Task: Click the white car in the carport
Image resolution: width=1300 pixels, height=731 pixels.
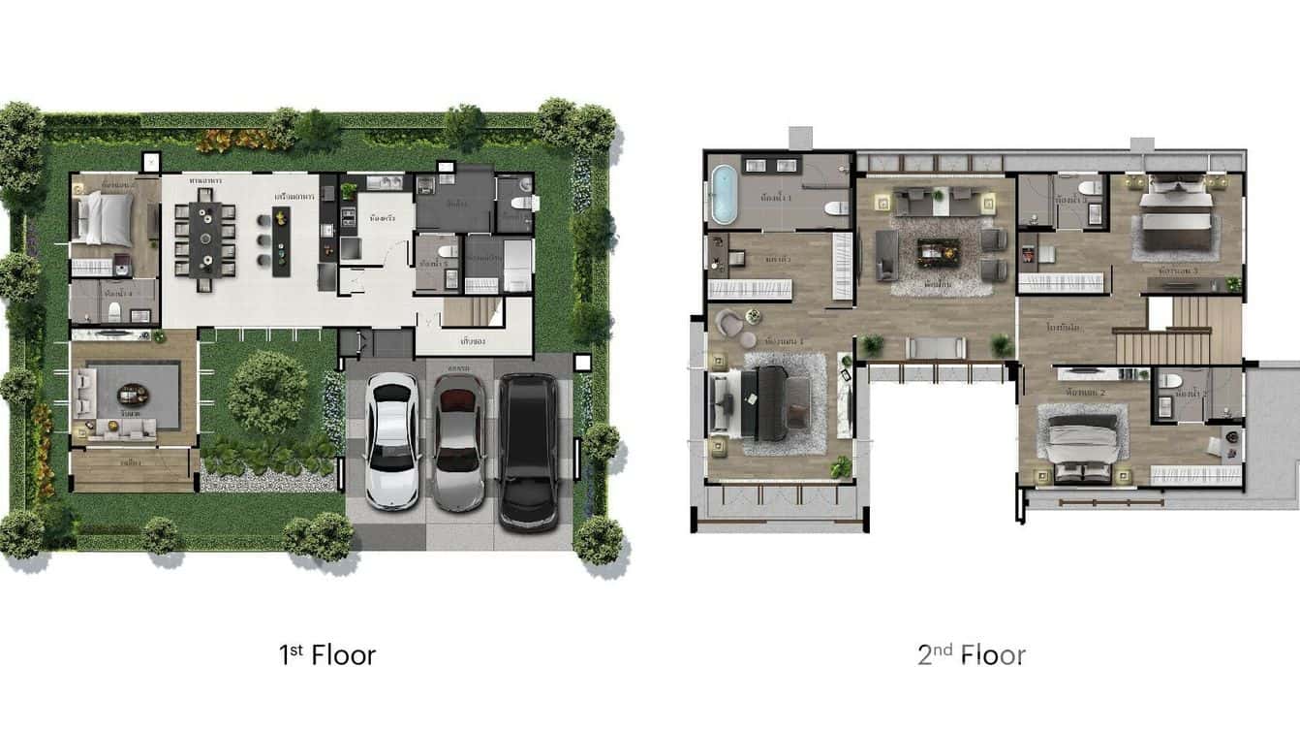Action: pos(392,440)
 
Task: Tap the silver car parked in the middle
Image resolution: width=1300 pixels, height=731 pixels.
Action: pos(459,441)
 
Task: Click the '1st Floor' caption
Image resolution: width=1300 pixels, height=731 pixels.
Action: pos(326,655)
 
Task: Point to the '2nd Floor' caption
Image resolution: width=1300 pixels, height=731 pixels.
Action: pos(971,655)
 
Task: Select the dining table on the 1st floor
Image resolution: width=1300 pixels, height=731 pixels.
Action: pos(204,238)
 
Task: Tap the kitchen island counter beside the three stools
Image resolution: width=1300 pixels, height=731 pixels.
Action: pos(281,241)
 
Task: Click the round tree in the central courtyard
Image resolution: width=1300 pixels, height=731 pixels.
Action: pos(267,392)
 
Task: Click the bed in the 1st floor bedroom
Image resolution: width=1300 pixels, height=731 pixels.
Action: pos(105,217)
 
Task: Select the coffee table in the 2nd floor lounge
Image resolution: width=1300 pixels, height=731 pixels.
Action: pos(938,251)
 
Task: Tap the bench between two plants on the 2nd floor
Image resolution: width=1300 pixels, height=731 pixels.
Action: pos(936,347)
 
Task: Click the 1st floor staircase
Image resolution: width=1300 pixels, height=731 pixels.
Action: pos(473,311)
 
